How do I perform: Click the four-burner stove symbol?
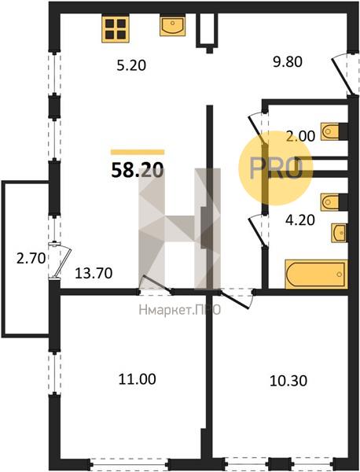click(116, 29)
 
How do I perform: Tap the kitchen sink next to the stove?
click(172, 26)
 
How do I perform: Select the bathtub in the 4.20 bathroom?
click(317, 274)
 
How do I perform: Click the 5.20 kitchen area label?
click(131, 65)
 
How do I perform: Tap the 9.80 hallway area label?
click(287, 62)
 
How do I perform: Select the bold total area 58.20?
click(138, 171)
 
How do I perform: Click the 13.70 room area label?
click(94, 273)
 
